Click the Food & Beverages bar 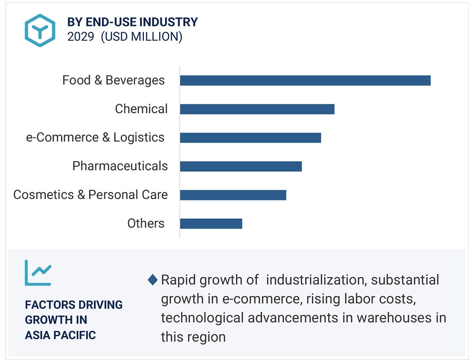[x=305, y=80]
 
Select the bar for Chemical [x=257, y=109]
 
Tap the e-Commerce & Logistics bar [x=251, y=138]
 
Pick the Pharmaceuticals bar [x=241, y=166]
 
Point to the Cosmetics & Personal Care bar [x=233, y=195]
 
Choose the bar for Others [x=211, y=223]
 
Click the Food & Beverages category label [x=113, y=80]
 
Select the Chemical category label [x=141, y=109]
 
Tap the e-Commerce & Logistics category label [x=95, y=138]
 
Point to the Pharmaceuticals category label [x=120, y=166]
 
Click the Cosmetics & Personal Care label [x=91, y=195]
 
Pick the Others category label [x=146, y=223]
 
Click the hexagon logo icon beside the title [x=40, y=30]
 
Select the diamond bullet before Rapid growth [x=152, y=280]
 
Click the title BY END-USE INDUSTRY [x=133, y=22]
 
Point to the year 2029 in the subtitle [x=81, y=37]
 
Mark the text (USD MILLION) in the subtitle [x=142, y=37]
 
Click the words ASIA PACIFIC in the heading [x=61, y=335]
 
